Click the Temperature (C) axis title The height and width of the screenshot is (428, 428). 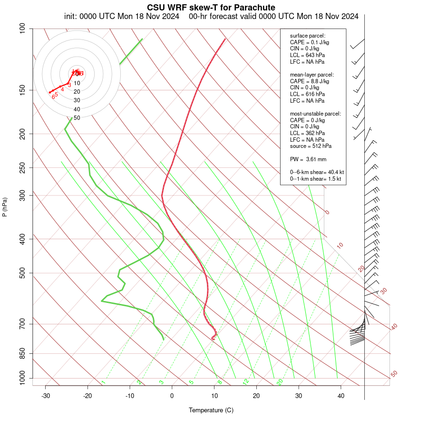coord(211,410)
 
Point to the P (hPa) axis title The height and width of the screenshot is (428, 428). coord(5,207)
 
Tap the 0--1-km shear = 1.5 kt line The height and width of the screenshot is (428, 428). coord(317,179)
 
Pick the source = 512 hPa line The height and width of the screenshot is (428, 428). coord(311,146)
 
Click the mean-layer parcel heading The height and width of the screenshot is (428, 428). coord(312,75)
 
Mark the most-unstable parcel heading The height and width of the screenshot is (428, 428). coord(315,114)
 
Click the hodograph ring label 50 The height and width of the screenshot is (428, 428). coord(77,117)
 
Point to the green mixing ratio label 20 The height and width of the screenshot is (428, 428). coord(280,382)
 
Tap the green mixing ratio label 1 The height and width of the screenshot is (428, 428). coord(103,382)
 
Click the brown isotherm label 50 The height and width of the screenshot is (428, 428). coord(394,374)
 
